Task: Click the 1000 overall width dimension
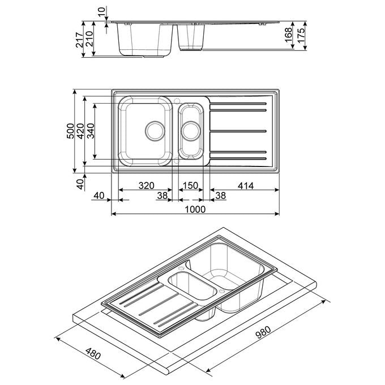[195, 209]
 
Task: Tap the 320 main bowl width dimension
[146, 186]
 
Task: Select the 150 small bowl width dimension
[191, 186]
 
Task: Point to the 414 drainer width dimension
[246, 186]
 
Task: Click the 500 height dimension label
[70, 131]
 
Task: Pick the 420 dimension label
[80, 131]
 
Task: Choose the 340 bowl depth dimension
[91, 131]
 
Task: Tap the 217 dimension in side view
[80, 40]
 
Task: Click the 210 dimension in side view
[89, 39]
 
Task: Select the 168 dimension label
[288, 35]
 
